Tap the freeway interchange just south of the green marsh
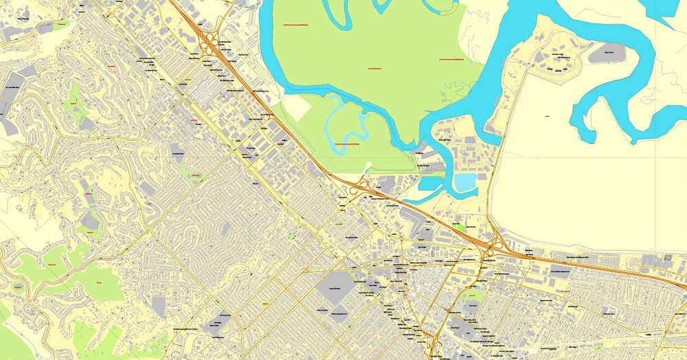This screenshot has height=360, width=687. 359,187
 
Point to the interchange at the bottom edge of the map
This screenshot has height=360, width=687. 434,346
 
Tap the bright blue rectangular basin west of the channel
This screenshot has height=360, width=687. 431,183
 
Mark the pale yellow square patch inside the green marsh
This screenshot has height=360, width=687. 297,106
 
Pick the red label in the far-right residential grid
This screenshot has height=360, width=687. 565,292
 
